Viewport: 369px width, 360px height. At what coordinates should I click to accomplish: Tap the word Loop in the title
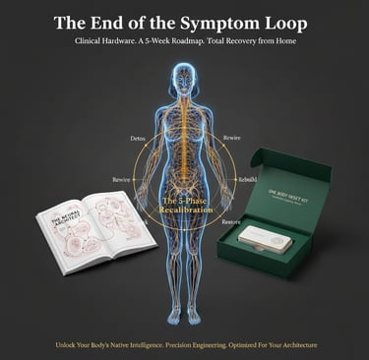click(287, 23)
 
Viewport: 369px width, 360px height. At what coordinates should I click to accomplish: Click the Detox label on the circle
click(138, 139)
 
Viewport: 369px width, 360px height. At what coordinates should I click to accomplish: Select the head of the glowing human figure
click(184, 81)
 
